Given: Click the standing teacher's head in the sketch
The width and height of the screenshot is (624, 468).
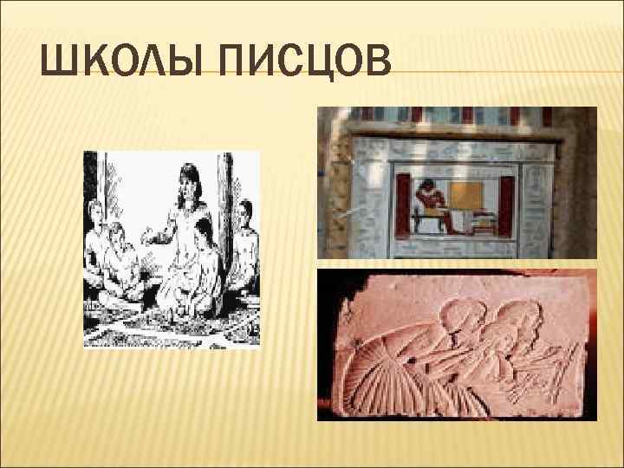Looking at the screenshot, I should coord(188,182).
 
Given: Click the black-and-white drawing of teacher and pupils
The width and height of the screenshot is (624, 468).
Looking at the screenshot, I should coord(172,249).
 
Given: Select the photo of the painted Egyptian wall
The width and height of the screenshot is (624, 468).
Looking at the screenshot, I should coord(457,182).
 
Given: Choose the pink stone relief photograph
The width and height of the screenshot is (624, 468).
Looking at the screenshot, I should coord(457,344).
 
